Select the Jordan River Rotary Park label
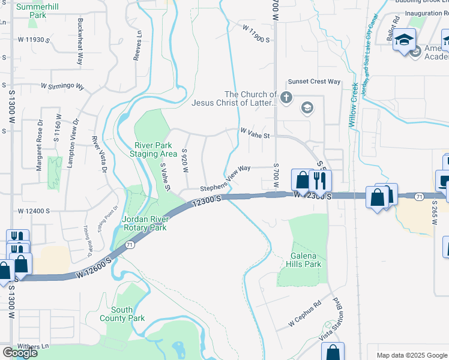click(144, 223)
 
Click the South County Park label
click(122, 314)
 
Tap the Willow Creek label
click(354, 106)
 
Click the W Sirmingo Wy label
click(62, 86)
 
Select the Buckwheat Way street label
click(80, 41)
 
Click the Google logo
click(20, 353)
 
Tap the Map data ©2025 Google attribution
click(411, 355)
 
